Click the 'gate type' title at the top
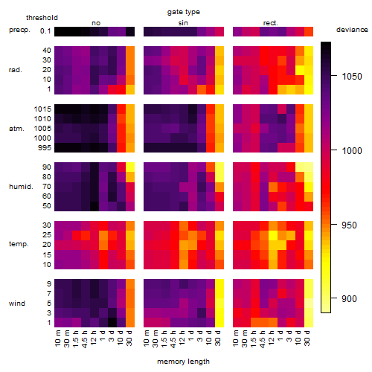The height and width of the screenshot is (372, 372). point(184,12)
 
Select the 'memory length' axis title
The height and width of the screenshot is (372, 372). point(183,362)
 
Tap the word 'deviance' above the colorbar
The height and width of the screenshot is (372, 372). point(352,30)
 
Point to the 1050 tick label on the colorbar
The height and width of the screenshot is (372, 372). point(352,77)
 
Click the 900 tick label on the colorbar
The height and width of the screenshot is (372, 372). point(349,299)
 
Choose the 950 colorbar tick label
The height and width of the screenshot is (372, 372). point(349,225)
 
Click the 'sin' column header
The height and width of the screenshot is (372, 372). point(183,23)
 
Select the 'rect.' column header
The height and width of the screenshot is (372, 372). point(271,23)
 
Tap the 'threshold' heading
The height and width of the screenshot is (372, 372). point(42,18)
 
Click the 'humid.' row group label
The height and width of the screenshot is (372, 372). point(21,187)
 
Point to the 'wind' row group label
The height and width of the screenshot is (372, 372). point(17,304)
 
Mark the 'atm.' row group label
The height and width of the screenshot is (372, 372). point(16,129)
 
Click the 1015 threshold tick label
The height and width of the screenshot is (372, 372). point(42,109)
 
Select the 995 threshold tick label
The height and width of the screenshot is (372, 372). point(45,148)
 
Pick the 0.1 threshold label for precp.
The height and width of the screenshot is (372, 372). point(45,31)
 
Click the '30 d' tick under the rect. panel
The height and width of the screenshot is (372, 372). point(307,338)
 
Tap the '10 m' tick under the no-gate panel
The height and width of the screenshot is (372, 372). point(57,338)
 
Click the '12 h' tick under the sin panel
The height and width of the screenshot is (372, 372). point(182,338)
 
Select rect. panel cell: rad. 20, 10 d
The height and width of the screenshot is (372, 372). point(300,70)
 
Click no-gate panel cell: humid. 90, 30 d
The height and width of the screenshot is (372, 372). point(130,167)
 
